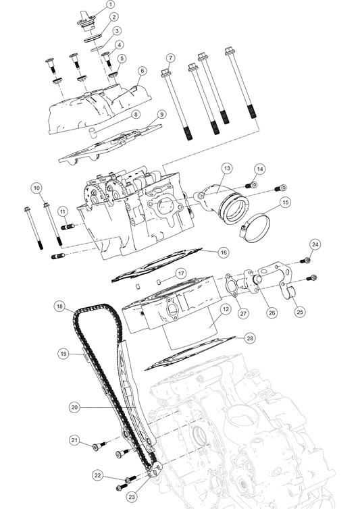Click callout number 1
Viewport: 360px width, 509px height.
pyautogui.click(x=111, y=5)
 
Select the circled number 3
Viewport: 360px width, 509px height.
pyautogui.click(x=117, y=31)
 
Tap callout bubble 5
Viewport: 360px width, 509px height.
pyautogui.click(x=122, y=59)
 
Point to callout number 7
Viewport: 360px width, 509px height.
pyautogui.click(x=171, y=59)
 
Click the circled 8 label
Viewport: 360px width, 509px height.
pyautogui.click(x=136, y=115)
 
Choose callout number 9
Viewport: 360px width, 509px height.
pyautogui.click(x=162, y=115)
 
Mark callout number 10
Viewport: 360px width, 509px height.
pyautogui.click(x=36, y=188)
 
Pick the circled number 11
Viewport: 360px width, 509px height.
pyautogui.click(x=62, y=212)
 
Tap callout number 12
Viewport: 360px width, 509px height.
pyautogui.click(x=226, y=309)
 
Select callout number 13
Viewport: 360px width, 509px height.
pyautogui.click(x=227, y=169)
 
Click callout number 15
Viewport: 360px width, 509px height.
pyautogui.click(x=285, y=202)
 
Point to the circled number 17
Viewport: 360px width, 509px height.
pyautogui.click(x=181, y=273)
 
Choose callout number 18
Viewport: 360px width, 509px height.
pyautogui.click(x=59, y=306)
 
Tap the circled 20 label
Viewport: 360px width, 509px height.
pyautogui.click(x=74, y=408)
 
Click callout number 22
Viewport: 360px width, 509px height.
pyautogui.click(x=98, y=476)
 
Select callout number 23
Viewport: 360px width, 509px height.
pyautogui.click(x=132, y=497)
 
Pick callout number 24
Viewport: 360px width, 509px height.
pyautogui.click(x=315, y=244)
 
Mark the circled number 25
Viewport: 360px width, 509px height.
pyautogui.click(x=300, y=313)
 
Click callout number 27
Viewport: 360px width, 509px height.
pyautogui.click(x=244, y=314)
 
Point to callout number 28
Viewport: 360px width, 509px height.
pyautogui.click(x=250, y=338)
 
